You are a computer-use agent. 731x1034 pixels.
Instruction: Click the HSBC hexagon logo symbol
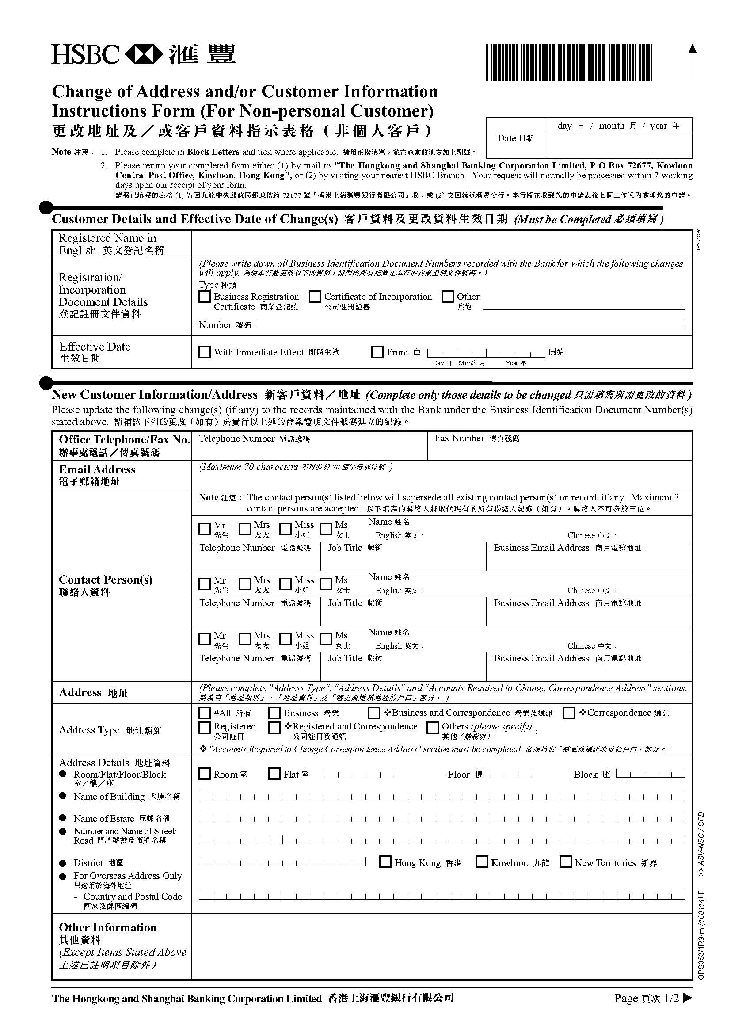coord(144,54)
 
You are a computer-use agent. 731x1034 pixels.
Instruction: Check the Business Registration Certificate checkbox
coord(205,297)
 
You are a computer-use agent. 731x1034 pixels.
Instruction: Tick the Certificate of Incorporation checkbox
coord(315,297)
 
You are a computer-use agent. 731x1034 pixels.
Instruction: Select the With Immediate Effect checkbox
coord(205,352)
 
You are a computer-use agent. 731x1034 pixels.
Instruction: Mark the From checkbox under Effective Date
coord(377,352)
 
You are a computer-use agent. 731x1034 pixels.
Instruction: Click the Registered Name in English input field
coord(441,244)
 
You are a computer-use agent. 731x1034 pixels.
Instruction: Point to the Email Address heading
coord(97,469)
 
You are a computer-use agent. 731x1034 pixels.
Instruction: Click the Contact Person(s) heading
coord(106,580)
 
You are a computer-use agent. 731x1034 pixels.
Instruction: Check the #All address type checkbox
coord(205,713)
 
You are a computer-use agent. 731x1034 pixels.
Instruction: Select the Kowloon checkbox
coord(482,862)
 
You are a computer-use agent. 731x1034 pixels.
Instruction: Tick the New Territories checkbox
coord(565,862)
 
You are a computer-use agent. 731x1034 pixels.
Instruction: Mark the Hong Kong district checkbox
coord(385,862)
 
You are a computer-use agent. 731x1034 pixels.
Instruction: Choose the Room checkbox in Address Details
coord(205,774)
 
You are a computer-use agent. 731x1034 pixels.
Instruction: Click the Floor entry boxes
coord(510,774)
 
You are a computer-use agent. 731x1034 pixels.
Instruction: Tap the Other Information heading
coord(108,928)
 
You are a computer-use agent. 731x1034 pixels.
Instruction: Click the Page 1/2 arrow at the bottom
coord(687,998)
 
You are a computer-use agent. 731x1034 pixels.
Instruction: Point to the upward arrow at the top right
coord(693,61)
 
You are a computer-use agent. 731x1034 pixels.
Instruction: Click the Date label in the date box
coord(515,138)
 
